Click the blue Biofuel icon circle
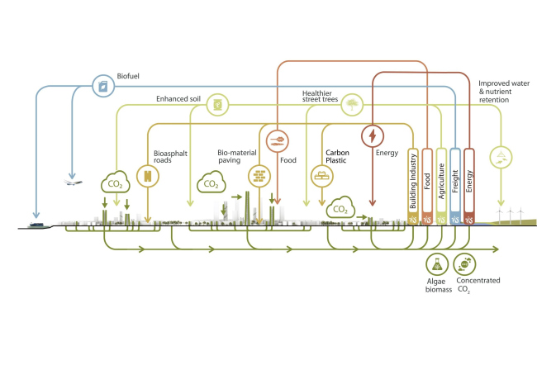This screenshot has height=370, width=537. (x=102, y=85)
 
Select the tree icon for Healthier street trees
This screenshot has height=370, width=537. (x=353, y=105)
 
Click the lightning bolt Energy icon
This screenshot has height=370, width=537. (x=373, y=135)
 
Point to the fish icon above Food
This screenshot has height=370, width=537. (x=276, y=138)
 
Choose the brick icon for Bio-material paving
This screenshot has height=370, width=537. (x=259, y=174)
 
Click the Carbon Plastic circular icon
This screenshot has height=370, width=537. (x=319, y=174)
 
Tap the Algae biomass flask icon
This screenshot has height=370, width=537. (x=436, y=263)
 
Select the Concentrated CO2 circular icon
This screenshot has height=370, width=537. (x=466, y=263)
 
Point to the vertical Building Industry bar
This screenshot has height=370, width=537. (x=413, y=187)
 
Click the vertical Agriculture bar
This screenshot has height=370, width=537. (x=441, y=187)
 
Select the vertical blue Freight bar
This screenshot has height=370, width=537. (x=455, y=187)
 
